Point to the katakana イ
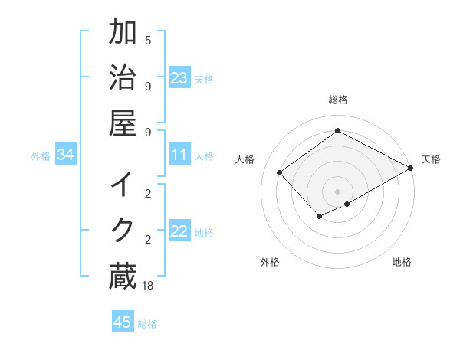pos(123,185)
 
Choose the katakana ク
pos(123,230)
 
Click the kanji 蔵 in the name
pos(123,277)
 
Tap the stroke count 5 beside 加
pos(148,41)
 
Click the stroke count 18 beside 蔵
pos(149,286)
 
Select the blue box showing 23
pos(179,78)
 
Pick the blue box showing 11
pos(179,155)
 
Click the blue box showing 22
pos(179,231)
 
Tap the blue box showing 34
pos(66,155)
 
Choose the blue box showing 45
pos(123,322)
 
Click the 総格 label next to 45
pos(147,324)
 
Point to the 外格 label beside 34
pos(41,156)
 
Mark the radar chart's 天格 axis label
pos(431,159)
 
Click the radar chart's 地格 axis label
pos(402,262)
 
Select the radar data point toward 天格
pos(411,168)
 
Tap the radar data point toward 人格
pos(281,172)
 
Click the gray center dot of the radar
pos(337,191)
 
